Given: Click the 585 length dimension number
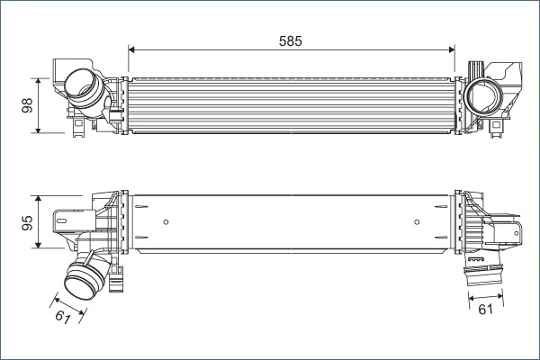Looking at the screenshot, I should (x=290, y=40).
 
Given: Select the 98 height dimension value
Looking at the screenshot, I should (x=27, y=105).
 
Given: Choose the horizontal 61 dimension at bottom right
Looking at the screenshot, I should (x=485, y=311).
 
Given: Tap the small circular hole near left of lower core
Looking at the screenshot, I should (x=167, y=221).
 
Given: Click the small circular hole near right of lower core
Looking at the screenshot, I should (x=416, y=221).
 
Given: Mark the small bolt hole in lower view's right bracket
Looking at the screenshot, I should (x=518, y=229).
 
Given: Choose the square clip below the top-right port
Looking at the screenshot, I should (x=498, y=132).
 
